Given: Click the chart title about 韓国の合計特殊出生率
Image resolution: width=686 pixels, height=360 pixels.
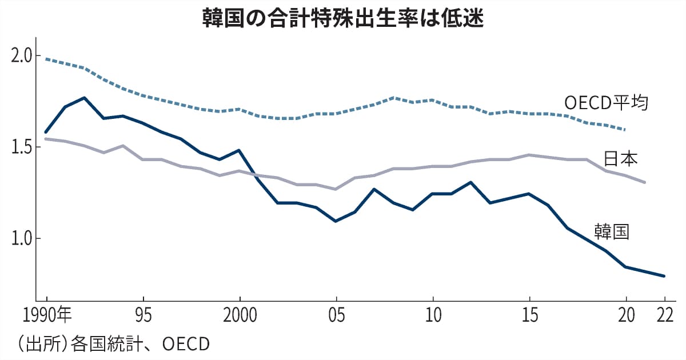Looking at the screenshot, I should [343, 18].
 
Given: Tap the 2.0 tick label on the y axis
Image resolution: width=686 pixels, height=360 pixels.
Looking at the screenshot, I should [21, 57].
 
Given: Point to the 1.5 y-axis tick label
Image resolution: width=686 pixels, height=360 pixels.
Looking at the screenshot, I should [21, 147].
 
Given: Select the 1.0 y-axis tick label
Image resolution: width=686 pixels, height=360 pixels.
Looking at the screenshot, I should [21, 238].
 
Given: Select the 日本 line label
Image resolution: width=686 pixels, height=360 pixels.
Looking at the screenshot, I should [621, 158].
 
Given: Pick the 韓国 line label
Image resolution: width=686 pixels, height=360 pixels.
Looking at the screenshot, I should [611, 231].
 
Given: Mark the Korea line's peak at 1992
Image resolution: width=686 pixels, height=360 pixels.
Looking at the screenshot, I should [85, 98].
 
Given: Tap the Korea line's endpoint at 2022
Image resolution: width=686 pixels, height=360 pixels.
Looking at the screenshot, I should [664, 276].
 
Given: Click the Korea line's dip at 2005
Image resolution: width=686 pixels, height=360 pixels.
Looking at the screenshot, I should [336, 221].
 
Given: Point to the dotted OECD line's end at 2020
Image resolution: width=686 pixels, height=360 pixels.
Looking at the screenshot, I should [625, 130].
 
